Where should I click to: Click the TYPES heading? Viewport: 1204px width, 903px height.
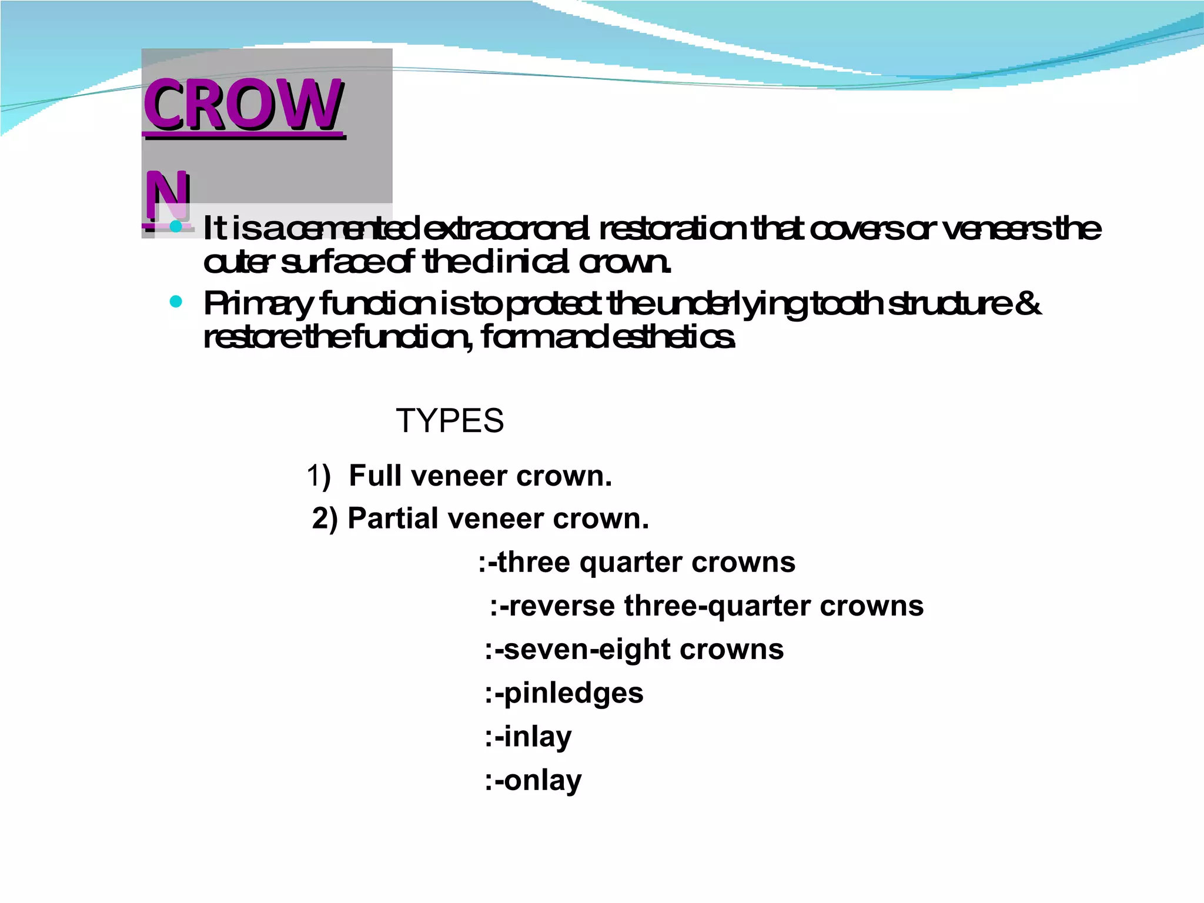point(450,421)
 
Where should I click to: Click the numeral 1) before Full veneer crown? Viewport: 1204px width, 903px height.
point(318,476)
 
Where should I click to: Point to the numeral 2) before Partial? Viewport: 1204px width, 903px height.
point(325,519)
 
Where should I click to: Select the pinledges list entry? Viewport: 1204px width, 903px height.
point(564,693)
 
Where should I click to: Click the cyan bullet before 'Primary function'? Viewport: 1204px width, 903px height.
point(175,302)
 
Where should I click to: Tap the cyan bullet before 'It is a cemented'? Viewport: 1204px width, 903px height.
point(175,226)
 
